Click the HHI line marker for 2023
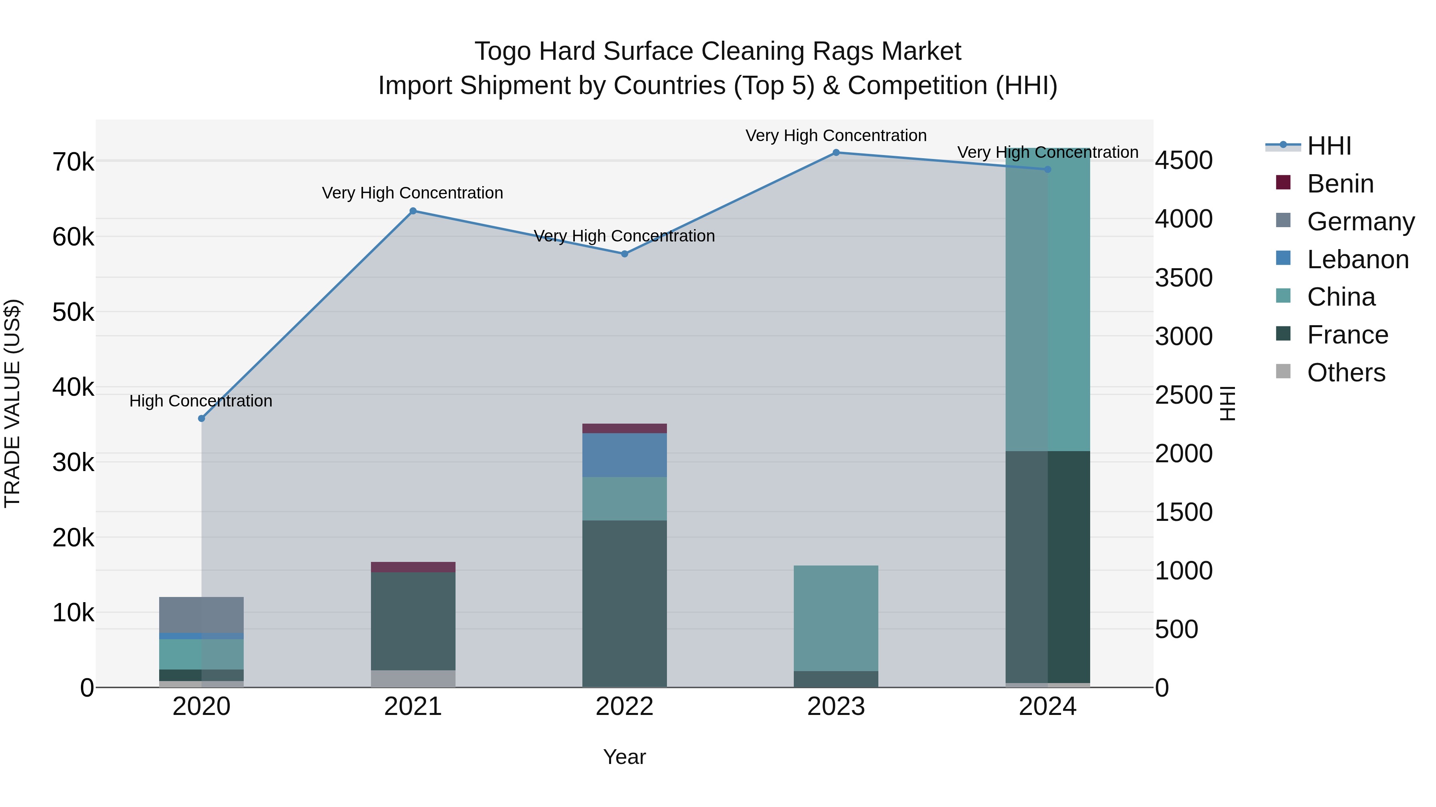pos(836,153)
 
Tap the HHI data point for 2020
pos(201,418)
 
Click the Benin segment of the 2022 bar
pos(624,428)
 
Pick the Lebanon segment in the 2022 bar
pos(624,455)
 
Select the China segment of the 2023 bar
pos(836,618)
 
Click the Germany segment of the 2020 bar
pos(201,615)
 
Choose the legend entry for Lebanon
pos(1357,259)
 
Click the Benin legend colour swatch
pos(1283,183)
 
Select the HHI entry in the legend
pos(1329,146)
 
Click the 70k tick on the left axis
pos(73,163)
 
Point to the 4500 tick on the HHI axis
pos(1184,160)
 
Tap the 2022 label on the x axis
pos(624,707)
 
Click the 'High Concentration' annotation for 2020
pos(201,401)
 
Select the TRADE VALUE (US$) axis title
pos(12,403)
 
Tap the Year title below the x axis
pos(624,757)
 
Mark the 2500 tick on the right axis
pos(1184,395)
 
